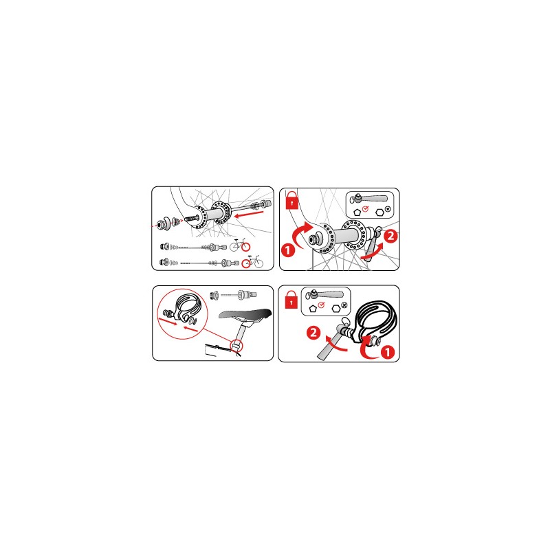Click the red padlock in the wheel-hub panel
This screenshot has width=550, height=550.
[291, 200]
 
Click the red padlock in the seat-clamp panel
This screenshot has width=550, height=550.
[291, 299]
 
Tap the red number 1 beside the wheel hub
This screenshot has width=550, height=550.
[288, 250]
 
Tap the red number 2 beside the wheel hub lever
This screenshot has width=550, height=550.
[390, 236]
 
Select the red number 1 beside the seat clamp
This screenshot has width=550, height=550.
[388, 352]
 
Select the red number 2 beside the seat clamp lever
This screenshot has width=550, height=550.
[313, 333]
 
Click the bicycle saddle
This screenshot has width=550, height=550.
[245, 313]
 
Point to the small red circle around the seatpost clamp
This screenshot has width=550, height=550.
[236, 346]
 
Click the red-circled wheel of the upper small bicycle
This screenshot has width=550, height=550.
[246, 247]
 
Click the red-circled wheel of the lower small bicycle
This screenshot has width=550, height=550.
[247, 263]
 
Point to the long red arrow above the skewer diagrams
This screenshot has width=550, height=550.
[248, 214]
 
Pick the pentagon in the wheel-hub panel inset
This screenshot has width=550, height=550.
[357, 212]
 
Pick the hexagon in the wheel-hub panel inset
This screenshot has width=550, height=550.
[379, 212]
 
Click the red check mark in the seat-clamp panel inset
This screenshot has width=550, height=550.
[321, 305]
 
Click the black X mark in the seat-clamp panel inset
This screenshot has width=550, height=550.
[344, 305]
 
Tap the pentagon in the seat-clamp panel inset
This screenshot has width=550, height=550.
[313, 309]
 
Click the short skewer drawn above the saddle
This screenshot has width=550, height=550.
[233, 295]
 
